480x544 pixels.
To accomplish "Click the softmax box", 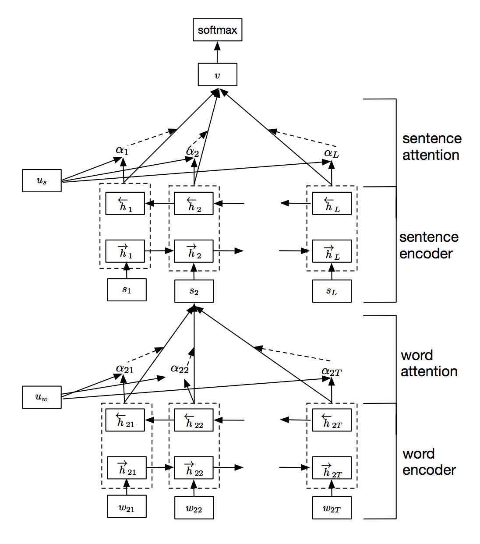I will tap(217, 30).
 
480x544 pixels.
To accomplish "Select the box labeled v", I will tap(217, 74).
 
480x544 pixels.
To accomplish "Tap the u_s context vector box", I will tap(42, 180).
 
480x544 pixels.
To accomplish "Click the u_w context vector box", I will tap(42, 397).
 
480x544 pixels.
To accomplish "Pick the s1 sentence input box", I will tap(127, 290).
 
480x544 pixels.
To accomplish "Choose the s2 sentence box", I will tap(194, 291).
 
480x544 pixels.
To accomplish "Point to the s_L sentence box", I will tap(332, 291).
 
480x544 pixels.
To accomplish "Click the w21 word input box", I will tap(127, 508).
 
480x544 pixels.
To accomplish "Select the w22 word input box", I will tap(194, 508).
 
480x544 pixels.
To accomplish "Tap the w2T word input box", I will tap(332, 508).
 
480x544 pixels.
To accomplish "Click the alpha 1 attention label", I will tap(122, 150).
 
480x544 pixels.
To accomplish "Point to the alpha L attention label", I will tap(331, 153).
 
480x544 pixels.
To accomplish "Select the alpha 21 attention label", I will tap(124, 369).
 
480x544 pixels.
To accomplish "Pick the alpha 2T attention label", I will tap(331, 372).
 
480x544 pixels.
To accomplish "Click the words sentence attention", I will tap(431, 147).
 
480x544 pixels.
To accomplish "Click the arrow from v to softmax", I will tap(217, 52).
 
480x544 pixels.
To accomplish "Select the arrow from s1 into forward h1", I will tap(127, 270).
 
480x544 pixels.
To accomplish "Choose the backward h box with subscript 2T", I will tap(332, 420).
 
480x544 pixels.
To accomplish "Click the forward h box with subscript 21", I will tap(127, 468).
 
